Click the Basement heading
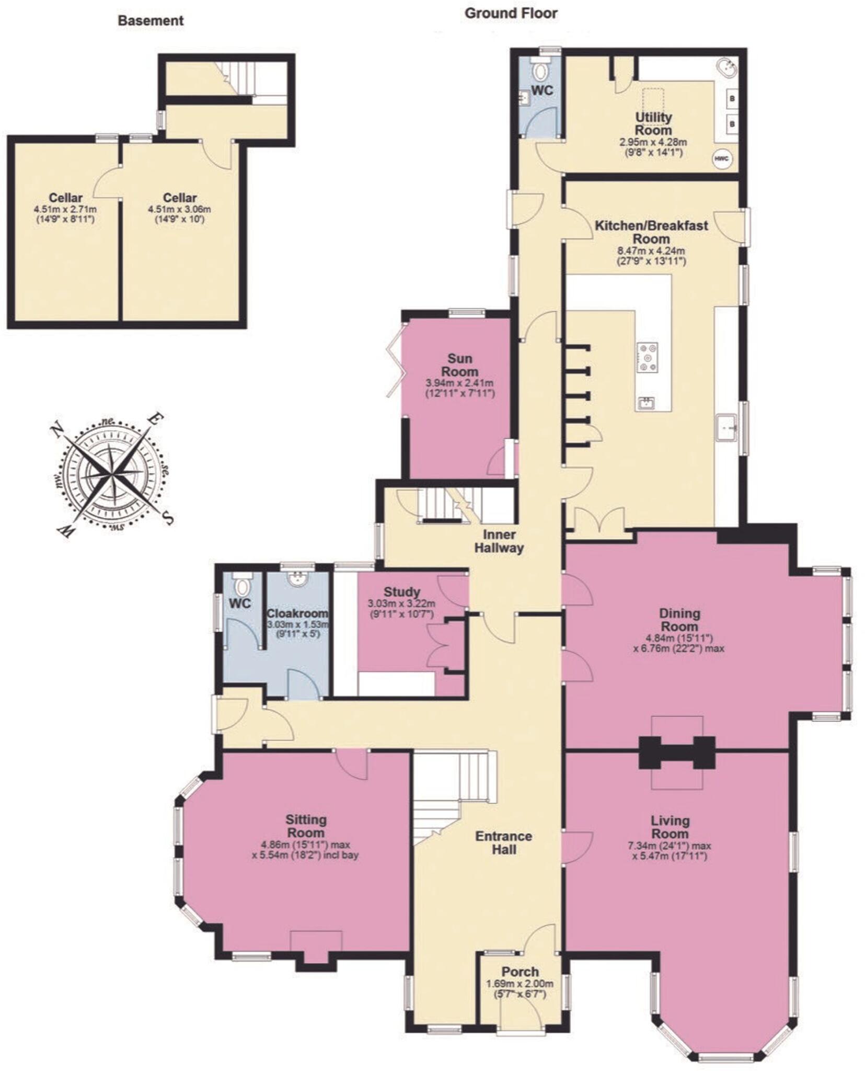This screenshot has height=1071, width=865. click(151, 21)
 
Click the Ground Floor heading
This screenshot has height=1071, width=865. click(511, 14)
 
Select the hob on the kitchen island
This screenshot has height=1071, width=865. click(647, 357)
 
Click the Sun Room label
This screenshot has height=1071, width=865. click(459, 365)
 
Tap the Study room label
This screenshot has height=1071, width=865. click(401, 591)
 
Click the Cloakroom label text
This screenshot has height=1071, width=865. click(297, 613)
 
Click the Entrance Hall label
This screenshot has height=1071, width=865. click(503, 842)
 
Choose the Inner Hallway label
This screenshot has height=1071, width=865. click(499, 541)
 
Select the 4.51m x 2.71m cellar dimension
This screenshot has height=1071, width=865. click(65, 209)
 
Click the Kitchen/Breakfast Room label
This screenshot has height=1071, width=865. click(651, 232)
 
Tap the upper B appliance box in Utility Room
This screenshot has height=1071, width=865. click(732, 98)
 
